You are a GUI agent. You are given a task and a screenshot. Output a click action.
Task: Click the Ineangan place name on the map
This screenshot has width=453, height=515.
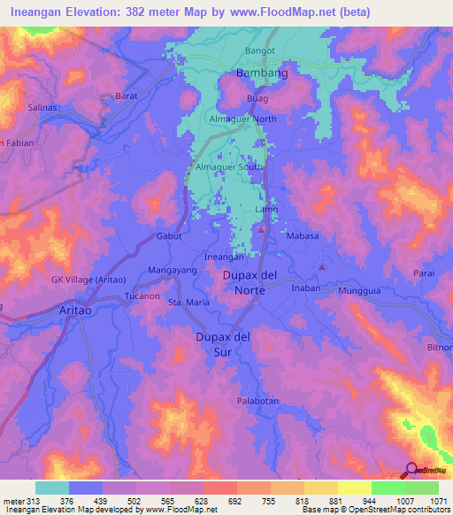(224, 257)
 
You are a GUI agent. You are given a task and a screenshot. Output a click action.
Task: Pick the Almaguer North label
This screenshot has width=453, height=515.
(242, 119)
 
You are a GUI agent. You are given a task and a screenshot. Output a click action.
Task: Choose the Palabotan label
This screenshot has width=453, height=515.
(257, 401)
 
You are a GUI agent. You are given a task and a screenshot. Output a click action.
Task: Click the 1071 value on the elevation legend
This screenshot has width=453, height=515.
(439, 501)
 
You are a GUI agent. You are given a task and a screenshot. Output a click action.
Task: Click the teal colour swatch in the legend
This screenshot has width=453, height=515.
(52, 488)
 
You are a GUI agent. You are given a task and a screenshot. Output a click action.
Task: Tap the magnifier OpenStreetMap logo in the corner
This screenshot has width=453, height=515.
(411, 471)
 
